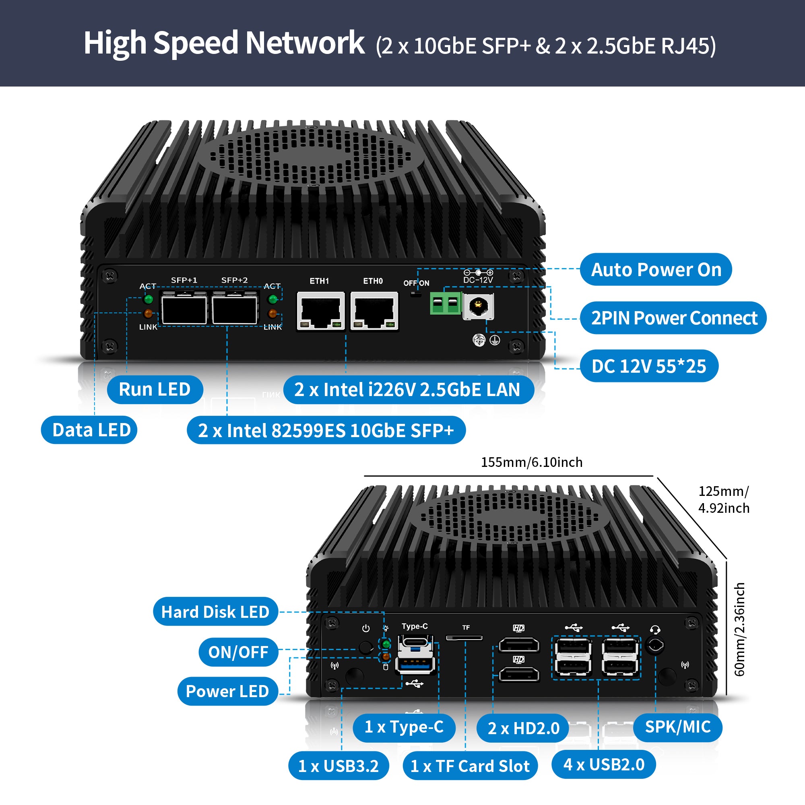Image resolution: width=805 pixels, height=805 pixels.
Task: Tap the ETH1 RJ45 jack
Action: tap(320, 311)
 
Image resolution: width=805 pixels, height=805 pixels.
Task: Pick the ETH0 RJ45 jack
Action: tap(374, 311)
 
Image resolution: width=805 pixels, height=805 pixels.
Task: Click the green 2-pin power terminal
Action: tap(446, 303)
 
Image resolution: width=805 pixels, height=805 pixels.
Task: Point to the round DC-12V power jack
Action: tap(478, 307)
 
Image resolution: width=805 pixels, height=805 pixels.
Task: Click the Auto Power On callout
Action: tap(656, 270)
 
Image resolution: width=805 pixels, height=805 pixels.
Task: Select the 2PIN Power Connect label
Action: tap(673, 318)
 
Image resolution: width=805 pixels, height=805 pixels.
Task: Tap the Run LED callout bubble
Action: tap(155, 390)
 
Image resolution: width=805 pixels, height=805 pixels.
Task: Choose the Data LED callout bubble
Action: tap(91, 430)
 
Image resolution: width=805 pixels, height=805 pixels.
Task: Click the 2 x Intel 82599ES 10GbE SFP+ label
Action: tap(326, 430)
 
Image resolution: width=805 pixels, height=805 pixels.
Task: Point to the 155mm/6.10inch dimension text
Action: tap(532, 462)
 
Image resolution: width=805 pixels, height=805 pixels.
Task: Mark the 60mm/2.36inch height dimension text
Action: tap(739, 629)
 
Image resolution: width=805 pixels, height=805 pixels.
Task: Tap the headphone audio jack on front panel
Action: tap(654, 646)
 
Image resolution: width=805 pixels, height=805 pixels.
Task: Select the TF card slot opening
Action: tap(464, 638)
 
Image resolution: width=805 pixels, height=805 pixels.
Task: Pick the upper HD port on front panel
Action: tap(519, 645)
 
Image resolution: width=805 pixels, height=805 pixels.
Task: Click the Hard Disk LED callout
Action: tap(215, 612)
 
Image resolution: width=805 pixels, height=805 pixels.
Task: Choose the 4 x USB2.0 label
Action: tap(604, 765)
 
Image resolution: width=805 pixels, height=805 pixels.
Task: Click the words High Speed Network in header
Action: tap(224, 43)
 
